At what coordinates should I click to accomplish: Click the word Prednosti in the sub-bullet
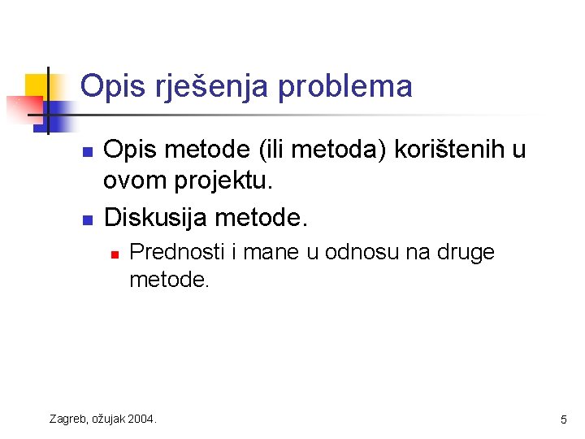(x=177, y=252)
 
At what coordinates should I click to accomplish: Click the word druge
(x=466, y=252)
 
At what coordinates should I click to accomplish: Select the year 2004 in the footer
(x=143, y=419)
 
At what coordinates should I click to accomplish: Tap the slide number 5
(x=563, y=419)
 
